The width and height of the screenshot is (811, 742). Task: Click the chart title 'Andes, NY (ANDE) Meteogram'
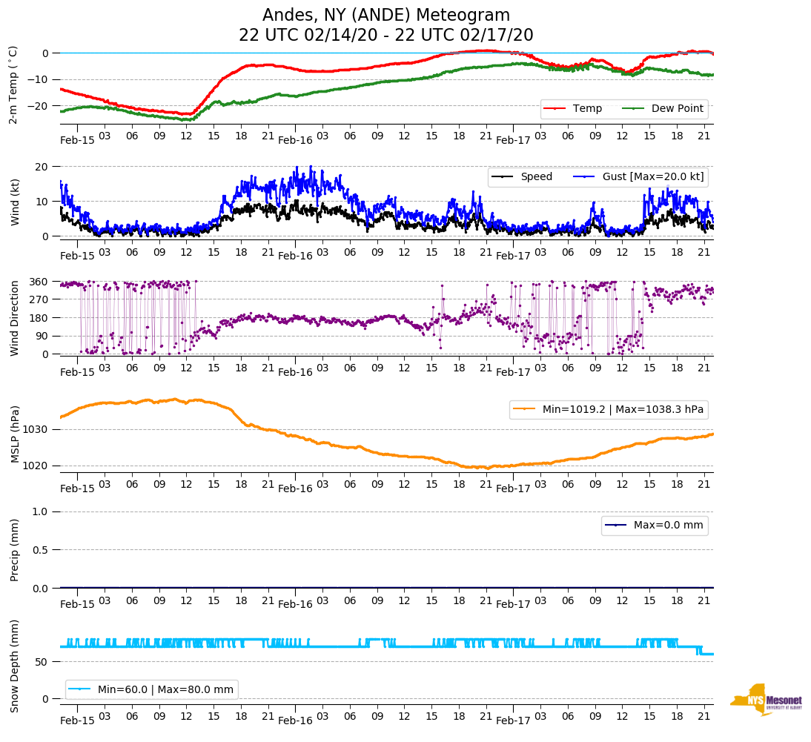(x=386, y=16)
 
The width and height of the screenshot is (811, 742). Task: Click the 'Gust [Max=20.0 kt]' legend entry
(x=653, y=176)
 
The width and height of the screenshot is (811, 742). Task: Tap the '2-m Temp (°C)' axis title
(x=13, y=85)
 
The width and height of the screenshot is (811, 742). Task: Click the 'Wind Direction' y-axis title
(x=14, y=317)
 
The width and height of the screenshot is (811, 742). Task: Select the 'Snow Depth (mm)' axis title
(x=14, y=666)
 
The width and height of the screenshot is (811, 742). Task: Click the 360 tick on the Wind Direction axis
(x=40, y=282)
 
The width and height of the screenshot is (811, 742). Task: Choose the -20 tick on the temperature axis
(x=39, y=106)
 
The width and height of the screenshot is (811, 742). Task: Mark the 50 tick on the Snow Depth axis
(x=44, y=662)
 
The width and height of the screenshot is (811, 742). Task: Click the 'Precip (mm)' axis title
(x=14, y=550)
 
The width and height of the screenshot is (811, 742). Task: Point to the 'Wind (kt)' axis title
(x=14, y=200)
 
